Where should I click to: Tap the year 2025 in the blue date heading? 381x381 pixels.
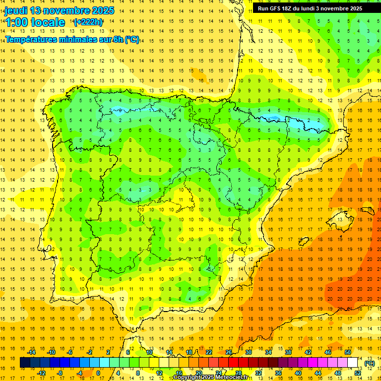(102, 10)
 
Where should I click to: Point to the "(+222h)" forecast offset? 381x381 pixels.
(88, 22)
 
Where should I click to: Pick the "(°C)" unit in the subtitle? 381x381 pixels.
(131, 40)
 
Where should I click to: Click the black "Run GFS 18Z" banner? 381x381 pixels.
(310, 8)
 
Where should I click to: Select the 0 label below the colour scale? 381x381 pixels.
(98, 373)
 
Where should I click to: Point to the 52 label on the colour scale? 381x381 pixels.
(358, 373)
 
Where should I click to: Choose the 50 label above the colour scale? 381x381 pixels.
(348, 352)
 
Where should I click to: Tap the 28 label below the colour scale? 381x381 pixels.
(238, 373)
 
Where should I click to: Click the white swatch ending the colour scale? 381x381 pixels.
(353, 363)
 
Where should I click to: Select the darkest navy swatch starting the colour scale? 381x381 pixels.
(25, 363)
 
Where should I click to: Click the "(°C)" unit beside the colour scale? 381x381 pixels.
(369, 363)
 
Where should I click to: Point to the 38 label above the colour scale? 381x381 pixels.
(288, 352)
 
